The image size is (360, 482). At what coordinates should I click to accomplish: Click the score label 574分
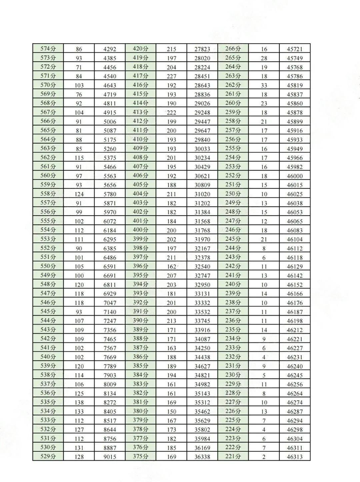48,49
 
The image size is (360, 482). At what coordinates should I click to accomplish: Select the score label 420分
140,49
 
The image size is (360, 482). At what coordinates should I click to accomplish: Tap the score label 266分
233,49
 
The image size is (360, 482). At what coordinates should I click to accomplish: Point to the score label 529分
48,456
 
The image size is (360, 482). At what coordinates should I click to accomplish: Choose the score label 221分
233,456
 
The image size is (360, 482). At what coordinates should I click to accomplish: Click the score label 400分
140,230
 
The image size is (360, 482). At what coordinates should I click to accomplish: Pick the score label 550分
48,266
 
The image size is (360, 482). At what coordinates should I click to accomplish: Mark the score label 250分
233,194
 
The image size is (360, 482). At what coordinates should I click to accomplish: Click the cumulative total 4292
110,49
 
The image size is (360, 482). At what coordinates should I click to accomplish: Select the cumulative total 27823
202,49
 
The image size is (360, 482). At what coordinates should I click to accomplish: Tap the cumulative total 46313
295,457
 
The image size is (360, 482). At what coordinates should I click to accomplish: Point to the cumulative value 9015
110,457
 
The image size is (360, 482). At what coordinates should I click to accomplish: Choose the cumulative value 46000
295,176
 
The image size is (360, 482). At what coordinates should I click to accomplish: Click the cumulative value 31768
202,231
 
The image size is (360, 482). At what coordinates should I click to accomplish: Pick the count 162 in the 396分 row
171,267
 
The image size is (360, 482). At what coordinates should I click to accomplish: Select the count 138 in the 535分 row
79,403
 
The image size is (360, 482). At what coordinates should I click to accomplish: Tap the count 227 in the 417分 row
171,76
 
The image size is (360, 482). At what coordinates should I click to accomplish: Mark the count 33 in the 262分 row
264,86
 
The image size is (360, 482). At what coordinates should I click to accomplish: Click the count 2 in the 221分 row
264,457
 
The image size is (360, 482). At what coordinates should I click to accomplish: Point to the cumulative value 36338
202,457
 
